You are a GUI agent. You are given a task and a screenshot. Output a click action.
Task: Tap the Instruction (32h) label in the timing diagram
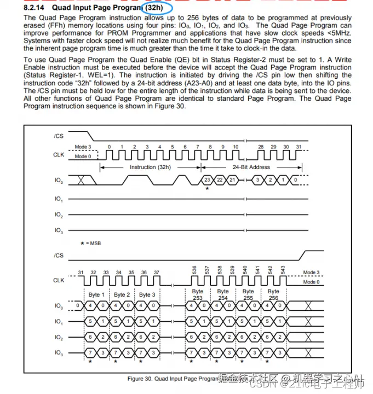pyautogui.click(x=150, y=167)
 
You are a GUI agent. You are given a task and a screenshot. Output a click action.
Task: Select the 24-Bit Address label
pyautogui.click(x=251, y=167)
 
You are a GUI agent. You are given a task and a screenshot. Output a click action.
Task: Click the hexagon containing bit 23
pyautogui.click(x=207, y=180)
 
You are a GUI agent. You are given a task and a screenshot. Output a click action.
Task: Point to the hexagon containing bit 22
pyautogui.click(x=220, y=180)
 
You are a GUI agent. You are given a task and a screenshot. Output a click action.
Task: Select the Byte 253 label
pyautogui.click(x=197, y=294)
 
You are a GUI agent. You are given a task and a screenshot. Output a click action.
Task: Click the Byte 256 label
pyautogui.click(x=273, y=294)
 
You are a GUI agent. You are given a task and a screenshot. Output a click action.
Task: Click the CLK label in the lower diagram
pyautogui.click(x=59, y=280)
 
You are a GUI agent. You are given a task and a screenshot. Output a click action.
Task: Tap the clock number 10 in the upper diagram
pyautogui.click(x=236, y=147)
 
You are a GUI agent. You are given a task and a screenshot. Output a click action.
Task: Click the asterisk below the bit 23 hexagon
pyautogui.click(x=207, y=189)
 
